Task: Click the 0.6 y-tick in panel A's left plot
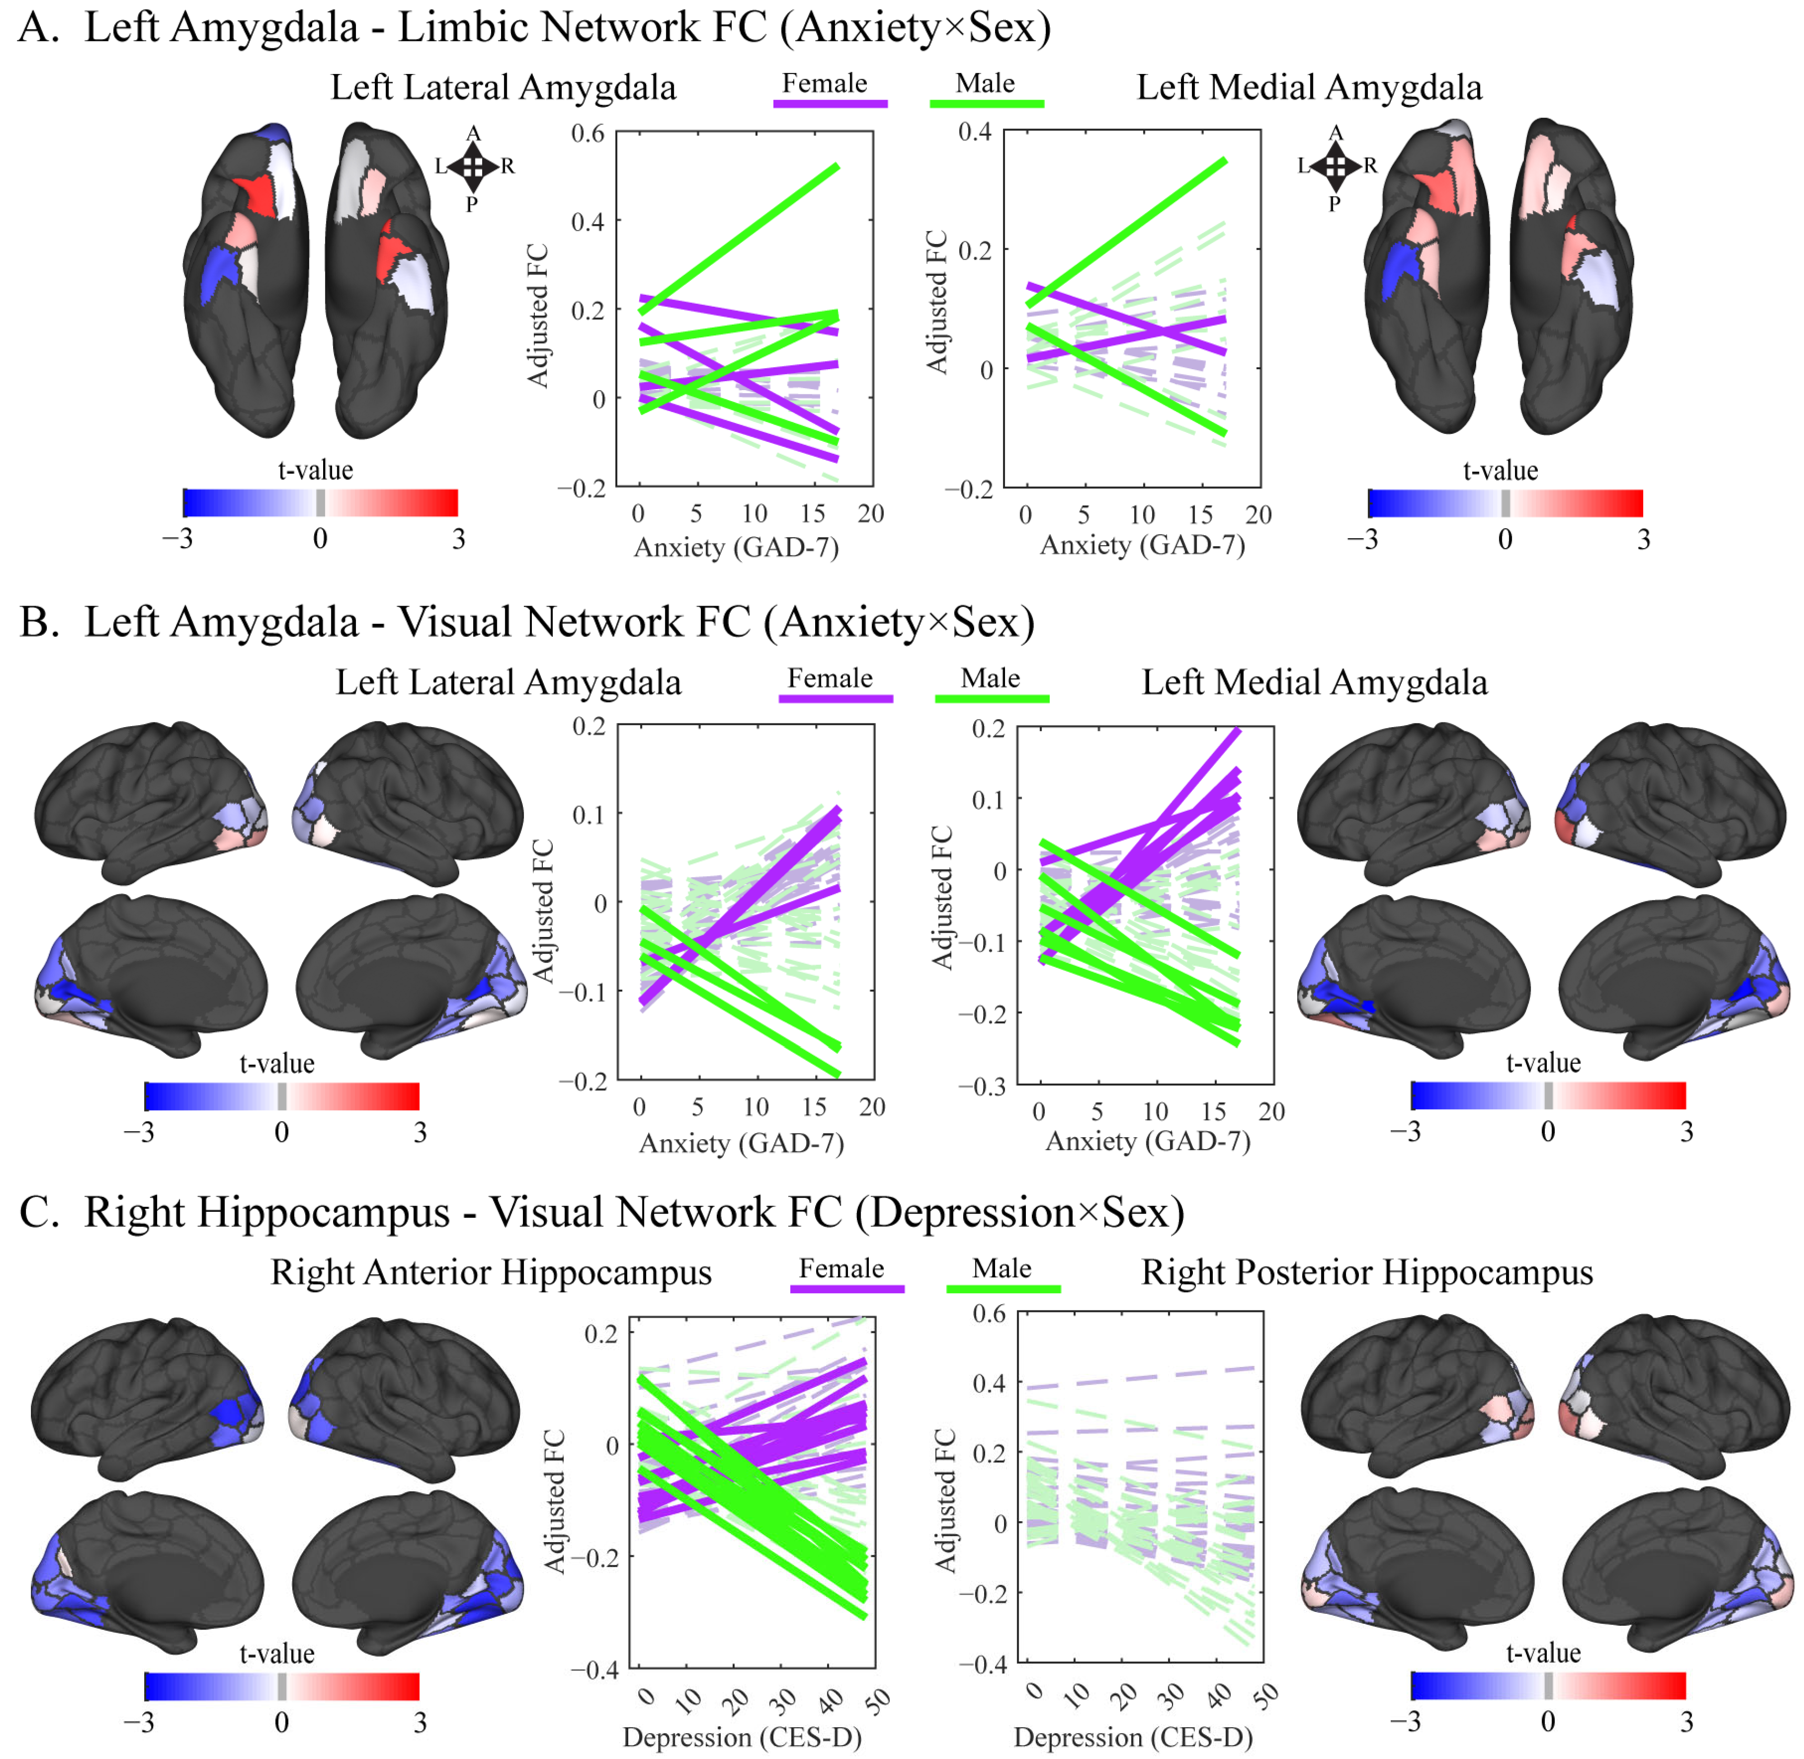(587, 134)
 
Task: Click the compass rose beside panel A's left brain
(473, 166)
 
